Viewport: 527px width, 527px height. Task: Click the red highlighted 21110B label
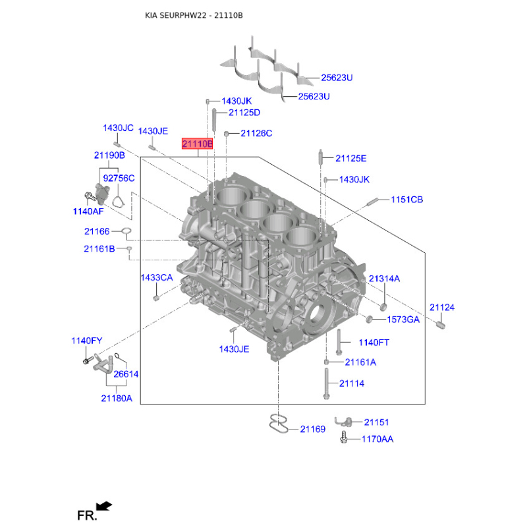[x=197, y=144]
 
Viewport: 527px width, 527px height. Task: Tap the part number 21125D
[x=244, y=113]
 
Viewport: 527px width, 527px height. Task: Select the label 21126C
[x=256, y=134]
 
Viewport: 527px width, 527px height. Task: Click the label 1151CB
[x=406, y=200]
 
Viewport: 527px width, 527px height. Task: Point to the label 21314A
[x=384, y=279]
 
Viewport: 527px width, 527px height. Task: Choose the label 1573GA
[x=403, y=319]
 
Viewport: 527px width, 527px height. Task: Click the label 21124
[x=441, y=308]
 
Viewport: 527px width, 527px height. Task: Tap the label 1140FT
[x=374, y=343]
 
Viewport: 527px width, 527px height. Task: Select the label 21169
[x=312, y=430]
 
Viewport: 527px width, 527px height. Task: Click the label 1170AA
[x=377, y=439]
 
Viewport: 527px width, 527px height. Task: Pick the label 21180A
[x=117, y=399]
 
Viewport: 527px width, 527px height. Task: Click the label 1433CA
[x=157, y=277]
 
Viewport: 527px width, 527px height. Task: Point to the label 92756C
[x=119, y=178]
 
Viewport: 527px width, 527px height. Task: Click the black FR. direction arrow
[x=103, y=506]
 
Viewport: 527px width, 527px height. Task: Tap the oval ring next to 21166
[x=126, y=231]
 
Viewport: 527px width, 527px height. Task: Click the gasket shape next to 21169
[x=279, y=424]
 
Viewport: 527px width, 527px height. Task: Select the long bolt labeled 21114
[x=326, y=384]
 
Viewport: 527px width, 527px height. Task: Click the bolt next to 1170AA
[x=343, y=437]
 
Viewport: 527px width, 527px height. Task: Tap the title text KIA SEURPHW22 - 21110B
[x=194, y=15]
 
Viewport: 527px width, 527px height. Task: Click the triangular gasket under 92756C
[x=118, y=202]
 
